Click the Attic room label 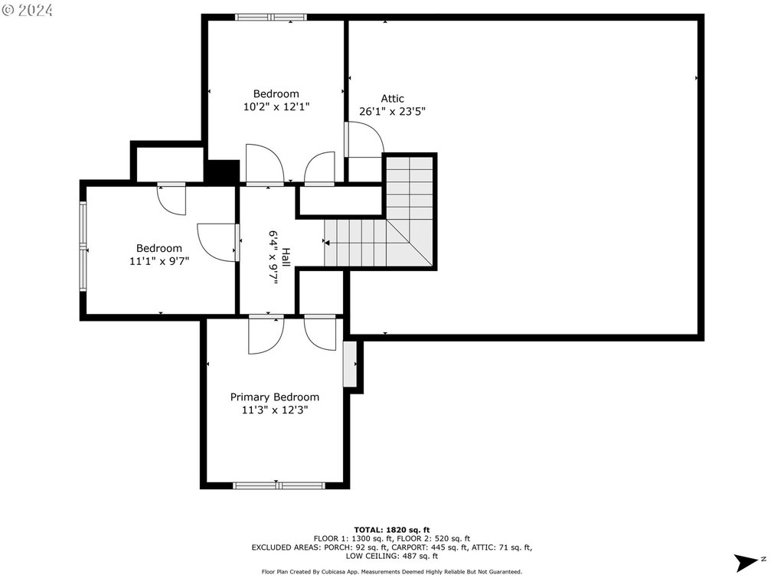click(x=392, y=99)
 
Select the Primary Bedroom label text click(x=275, y=397)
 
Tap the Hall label click(x=286, y=257)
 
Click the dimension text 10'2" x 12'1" click(x=276, y=106)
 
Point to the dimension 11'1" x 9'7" click(x=159, y=261)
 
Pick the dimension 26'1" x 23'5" click(x=392, y=111)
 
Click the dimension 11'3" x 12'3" click(x=275, y=410)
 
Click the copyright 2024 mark click(x=28, y=10)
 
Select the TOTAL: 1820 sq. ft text click(x=392, y=530)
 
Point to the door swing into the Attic click(x=365, y=139)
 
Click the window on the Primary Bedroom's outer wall click(x=279, y=485)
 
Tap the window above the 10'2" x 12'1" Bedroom click(x=271, y=17)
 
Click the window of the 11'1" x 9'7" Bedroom click(x=83, y=246)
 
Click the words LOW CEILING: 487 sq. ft click(x=392, y=556)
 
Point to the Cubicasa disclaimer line click(x=392, y=571)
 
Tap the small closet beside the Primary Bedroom click(x=351, y=364)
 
